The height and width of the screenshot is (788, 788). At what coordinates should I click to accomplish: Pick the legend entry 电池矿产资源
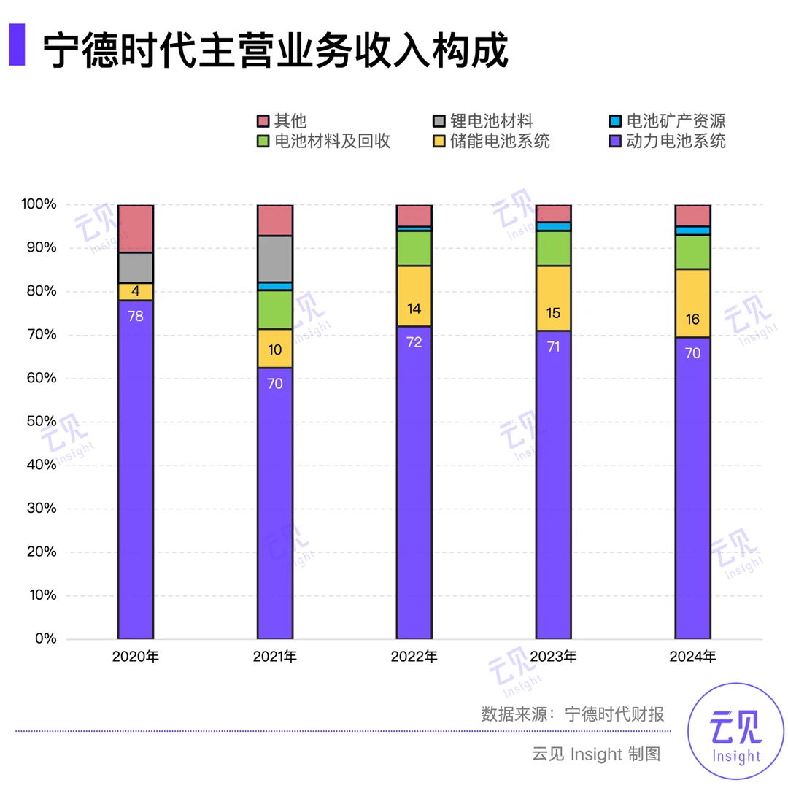(668, 120)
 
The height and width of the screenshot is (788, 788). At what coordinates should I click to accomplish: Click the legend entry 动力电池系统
(668, 141)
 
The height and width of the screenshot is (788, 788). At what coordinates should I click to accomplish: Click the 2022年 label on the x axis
(414, 657)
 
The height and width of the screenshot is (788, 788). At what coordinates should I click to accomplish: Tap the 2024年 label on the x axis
(692, 657)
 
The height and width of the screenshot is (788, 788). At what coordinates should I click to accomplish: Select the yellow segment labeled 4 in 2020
(136, 291)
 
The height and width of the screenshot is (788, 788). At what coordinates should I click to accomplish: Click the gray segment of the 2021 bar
(275, 258)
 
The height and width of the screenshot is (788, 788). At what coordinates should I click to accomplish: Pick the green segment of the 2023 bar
(554, 248)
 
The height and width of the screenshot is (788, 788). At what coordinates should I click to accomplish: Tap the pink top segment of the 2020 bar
(136, 228)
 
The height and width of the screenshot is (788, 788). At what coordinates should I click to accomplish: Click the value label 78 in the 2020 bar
(136, 316)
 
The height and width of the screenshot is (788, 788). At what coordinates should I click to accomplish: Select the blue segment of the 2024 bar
(692, 231)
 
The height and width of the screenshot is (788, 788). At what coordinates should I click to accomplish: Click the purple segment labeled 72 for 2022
(414, 482)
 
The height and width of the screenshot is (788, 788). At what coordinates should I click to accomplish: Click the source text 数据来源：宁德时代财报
(573, 714)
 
